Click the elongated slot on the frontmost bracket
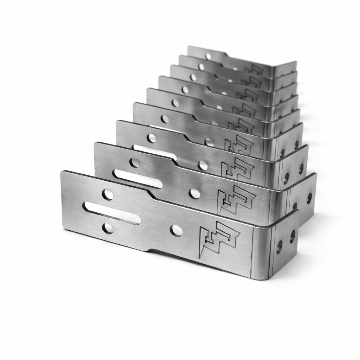(x=111, y=213)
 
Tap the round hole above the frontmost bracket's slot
(x=108, y=194)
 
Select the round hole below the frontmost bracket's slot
(x=108, y=228)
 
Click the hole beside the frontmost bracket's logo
(x=176, y=231)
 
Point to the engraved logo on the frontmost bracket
(x=219, y=239)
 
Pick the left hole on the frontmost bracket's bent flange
(x=279, y=247)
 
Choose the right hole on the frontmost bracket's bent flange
(x=292, y=237)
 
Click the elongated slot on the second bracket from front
(x=137, y=179)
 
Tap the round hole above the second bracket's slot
(x=134, y=162)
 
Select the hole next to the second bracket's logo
(x=194, y=193)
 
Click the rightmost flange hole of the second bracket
(x=309, y=198)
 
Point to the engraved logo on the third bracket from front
(x=237, y=168)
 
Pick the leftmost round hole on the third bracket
(x=152, y=138)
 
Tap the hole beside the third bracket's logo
(x=203, y=165)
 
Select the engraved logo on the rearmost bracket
(x=254, y=69)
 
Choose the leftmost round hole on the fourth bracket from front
(x=165, y=119)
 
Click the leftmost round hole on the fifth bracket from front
(x=175, y=103)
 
